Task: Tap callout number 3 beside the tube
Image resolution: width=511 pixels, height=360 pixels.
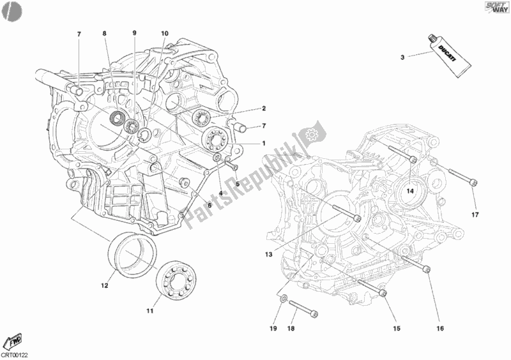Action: point(402,58)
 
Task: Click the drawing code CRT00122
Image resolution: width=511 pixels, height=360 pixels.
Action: point(15,353)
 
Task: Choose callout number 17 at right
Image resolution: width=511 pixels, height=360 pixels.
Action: point(475,214)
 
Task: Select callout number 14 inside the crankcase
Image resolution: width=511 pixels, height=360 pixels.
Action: point(411,191)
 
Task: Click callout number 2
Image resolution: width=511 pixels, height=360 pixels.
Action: point(263,109)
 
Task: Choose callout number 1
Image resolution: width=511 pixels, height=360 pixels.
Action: point(263,143)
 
